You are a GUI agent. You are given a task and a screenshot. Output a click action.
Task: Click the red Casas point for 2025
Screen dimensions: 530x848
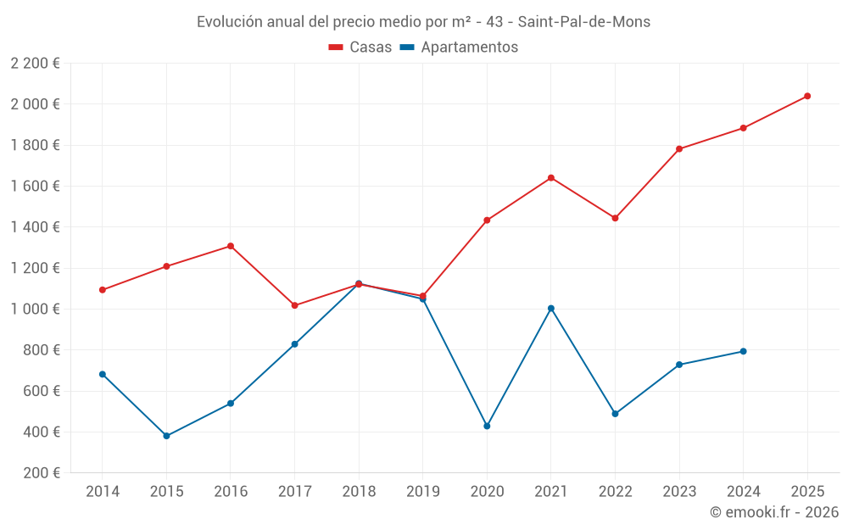tap(807, 96)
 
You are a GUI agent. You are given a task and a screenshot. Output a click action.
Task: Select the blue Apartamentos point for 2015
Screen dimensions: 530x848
tap(166, 436)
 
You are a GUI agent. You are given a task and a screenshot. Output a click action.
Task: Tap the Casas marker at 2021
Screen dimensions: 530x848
tap(551, 178)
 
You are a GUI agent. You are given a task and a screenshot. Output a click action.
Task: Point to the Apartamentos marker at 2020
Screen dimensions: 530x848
tap(487, 426)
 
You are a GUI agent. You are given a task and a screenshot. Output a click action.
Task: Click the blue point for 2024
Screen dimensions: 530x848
tap(743, 351)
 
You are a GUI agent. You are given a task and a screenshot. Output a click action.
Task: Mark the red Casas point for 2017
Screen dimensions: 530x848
tap(294, 305)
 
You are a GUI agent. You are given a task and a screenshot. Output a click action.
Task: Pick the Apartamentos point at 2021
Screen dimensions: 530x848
tap(551, 309)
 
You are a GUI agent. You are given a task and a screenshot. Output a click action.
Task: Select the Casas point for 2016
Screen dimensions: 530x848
tap(231, 246)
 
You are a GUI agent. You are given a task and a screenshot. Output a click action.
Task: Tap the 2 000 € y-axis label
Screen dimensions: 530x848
tap(35, 104)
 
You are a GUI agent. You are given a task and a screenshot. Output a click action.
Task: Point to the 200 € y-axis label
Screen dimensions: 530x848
tap(41, 473)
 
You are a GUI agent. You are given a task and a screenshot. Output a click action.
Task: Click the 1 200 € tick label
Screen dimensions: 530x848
tap(35, 268)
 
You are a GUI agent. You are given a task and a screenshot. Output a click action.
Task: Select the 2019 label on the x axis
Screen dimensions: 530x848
tap(422, 492)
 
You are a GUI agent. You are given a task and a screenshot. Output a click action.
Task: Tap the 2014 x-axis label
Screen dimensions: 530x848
tap(103, 492)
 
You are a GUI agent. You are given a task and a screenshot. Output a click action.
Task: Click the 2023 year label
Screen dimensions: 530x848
tap(679, 492)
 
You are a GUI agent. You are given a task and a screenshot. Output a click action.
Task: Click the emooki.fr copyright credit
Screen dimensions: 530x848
tap(774, 512)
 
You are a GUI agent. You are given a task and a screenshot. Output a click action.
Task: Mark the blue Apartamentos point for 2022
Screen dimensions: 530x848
tap(615, 414)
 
